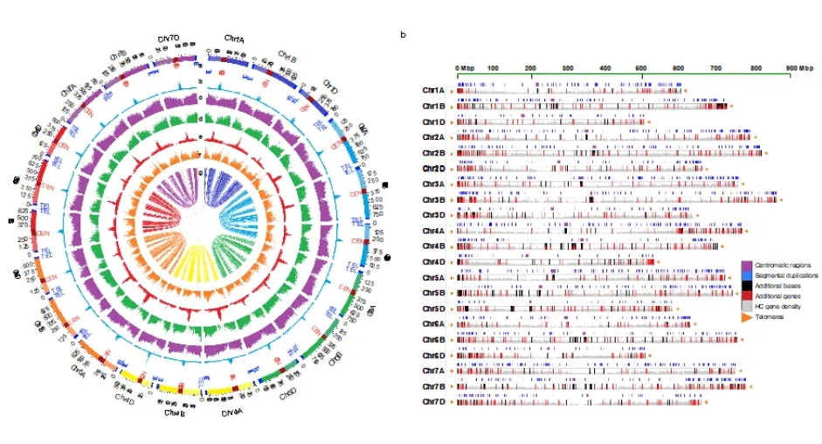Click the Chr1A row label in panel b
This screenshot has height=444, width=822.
pyautogui.click(x=433, y=90)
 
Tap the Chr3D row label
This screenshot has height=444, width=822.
pyautogui.click(x=433, y=215)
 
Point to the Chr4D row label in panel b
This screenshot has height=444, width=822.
pyautogui.click(x=433, y=261)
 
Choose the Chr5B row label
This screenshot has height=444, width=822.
pyautogui.click(x=433, y=293)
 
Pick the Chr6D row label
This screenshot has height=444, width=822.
pyautogui.click(x=433, y=355)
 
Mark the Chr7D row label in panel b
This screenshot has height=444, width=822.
pyautogui.click(x=433, y=401)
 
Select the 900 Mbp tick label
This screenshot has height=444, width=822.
pyautogui.click(x=798, y=66)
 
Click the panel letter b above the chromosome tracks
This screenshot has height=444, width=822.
pyautogui.click(x=403, y=35)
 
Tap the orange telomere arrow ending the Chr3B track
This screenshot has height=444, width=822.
pyautogui.click(x=782, y=200)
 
